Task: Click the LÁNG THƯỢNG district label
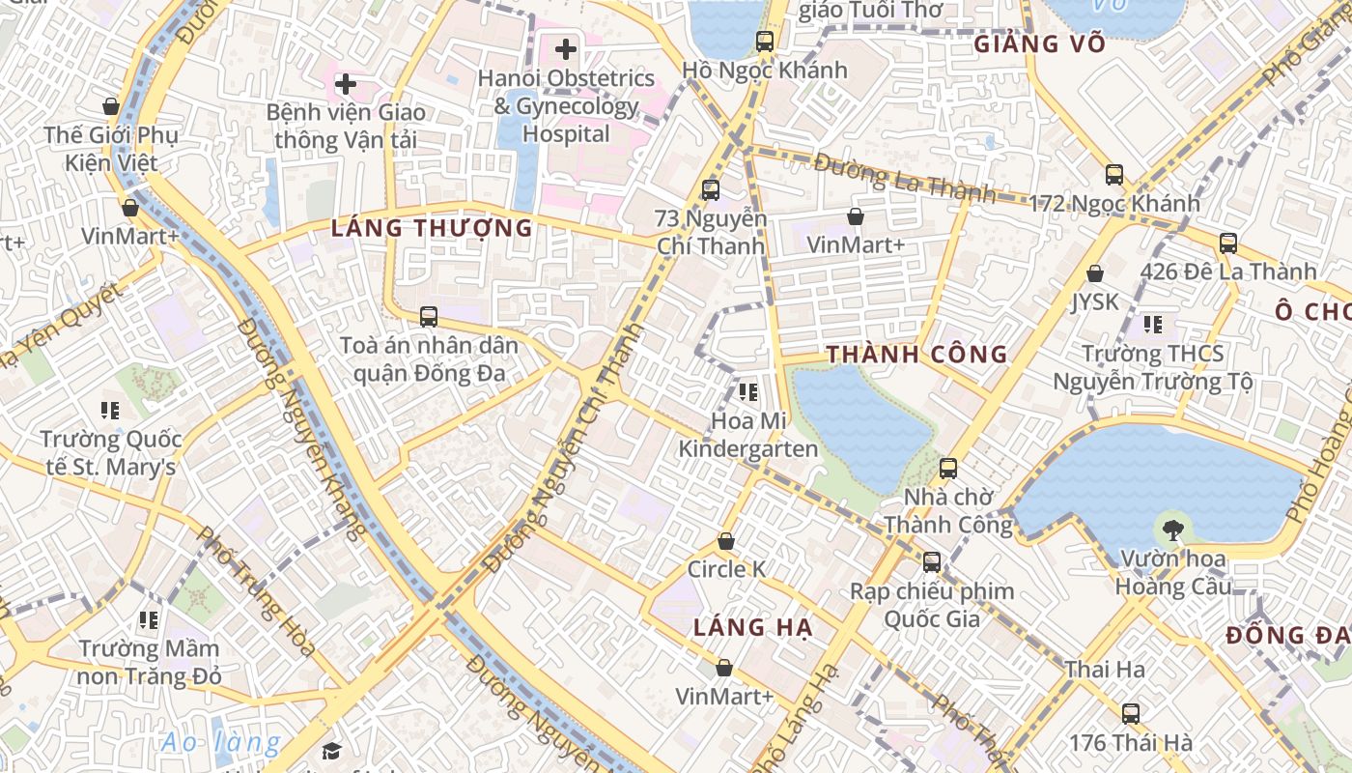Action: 432,229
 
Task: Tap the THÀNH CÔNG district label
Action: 916,355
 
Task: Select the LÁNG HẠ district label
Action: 753,628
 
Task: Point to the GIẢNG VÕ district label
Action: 1037,44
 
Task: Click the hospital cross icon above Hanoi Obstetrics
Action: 566,48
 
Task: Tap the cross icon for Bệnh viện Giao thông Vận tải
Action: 345,84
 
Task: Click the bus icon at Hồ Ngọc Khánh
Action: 765,42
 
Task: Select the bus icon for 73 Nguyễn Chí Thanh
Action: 711,190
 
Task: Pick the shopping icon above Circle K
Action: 726,542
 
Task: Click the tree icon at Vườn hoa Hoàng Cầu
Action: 1173,530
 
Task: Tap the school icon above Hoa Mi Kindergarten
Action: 747,392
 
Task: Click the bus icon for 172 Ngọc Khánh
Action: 1114,175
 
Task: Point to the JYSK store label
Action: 1094,301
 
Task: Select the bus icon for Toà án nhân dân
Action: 428,316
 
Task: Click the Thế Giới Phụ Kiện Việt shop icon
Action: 111,106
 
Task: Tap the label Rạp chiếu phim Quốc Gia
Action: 932,605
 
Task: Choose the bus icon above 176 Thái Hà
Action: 1130,714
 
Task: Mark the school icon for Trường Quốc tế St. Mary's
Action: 110,411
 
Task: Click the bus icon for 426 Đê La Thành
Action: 1228,243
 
